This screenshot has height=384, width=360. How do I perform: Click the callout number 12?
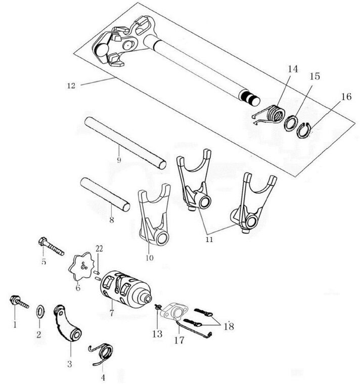(71, 86)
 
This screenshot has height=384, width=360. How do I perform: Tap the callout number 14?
(293, 69)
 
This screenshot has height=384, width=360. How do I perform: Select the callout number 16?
(346, 97)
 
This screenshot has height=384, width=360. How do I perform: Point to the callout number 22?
(99, 248)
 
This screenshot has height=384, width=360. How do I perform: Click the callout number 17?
(179, 340)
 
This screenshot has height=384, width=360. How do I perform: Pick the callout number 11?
(209, 239)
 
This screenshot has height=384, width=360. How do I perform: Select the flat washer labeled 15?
(291, 123)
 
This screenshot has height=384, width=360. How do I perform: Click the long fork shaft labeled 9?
(125, 143)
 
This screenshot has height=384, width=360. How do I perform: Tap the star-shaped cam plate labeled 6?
(81, 266)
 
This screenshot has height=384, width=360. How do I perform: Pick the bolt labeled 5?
(51, 246)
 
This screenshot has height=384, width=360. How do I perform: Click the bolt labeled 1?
(19, 302)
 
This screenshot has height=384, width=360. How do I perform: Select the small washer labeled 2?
(40, 311)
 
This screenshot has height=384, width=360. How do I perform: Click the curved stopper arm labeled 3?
(68, 323)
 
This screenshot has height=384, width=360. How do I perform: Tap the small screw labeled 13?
(157, 307)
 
